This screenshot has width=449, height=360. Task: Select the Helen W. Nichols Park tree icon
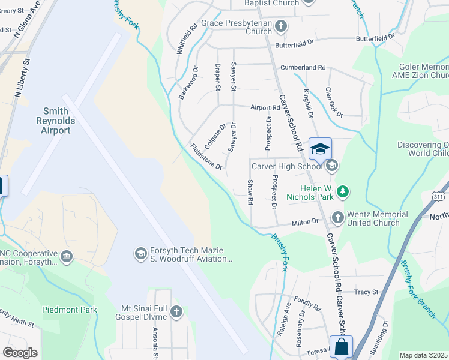coord(342,191)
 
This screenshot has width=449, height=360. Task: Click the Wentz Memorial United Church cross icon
coord(337,218)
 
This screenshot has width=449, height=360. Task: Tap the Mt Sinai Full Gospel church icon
coord(176,311)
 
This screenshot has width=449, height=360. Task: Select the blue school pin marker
coord(320,149)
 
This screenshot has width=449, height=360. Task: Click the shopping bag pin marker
coord(340,347)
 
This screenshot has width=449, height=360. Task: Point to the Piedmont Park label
coord(70,310)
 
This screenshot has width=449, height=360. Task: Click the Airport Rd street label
coord(265,108)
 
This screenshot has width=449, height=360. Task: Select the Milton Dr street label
coord(305,222)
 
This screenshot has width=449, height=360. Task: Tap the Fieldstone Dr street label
coord(206,156)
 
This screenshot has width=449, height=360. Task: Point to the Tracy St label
coord(366,292)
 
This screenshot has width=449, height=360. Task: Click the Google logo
coord(20,353)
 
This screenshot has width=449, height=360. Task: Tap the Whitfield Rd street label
coord(187,39)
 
